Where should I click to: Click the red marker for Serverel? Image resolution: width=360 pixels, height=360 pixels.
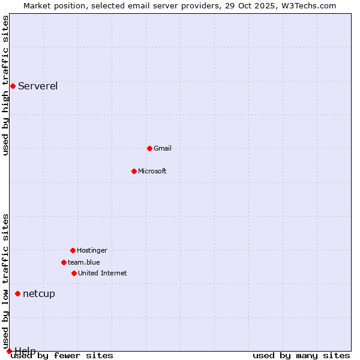tap(13, 86)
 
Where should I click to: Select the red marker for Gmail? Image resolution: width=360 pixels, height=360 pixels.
tap(149, 148)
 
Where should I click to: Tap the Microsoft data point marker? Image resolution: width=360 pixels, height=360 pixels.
tap(134, 171)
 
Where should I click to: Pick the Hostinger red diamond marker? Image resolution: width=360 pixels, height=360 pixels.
tap(73, 250)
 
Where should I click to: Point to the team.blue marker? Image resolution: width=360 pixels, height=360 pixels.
tap(64, 262)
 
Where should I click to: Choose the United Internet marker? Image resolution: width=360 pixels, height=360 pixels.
tap(74, 273)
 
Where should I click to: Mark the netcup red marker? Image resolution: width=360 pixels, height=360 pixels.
tap(17, 293)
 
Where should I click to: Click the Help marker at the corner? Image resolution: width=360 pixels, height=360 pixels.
tap(9, 351)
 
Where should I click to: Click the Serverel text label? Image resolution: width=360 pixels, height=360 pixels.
tap(38, 86)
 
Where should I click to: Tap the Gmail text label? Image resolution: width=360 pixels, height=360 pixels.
tap(163, 148)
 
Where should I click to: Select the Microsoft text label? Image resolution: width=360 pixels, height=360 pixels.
tap(152, 171)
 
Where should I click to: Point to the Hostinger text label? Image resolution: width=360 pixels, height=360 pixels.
tap(92, 250)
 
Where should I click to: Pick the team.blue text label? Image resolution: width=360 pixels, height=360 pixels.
tap(84, 262)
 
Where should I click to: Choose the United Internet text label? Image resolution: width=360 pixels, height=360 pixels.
tap(103, 273)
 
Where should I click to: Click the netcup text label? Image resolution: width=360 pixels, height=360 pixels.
tap(39, 293)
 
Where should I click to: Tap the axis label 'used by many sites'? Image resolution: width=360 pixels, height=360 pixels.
tap(301, 356)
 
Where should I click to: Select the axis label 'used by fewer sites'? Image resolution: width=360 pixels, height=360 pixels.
tap(62, 356)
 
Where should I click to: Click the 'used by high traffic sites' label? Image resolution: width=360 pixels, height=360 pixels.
tap(6, 85)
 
